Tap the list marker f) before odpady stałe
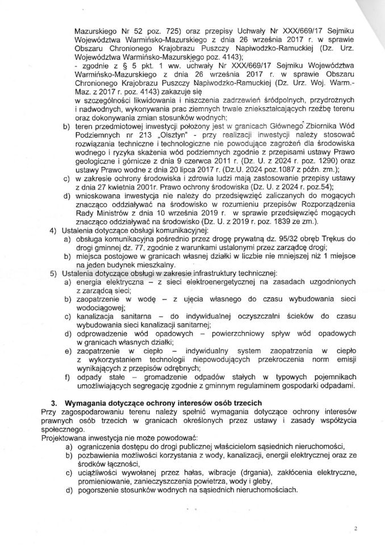[67, 376]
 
